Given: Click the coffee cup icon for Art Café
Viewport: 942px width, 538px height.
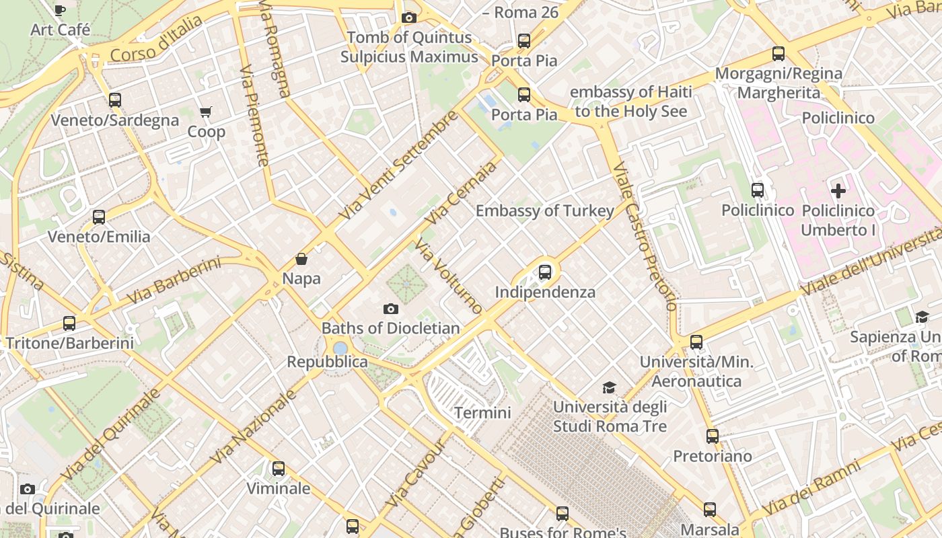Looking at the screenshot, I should [x=59, y=9].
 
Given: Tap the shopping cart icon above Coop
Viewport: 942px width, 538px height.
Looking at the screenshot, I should [x=205, y=112].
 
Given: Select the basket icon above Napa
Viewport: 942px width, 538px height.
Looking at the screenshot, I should [x=301, y=259].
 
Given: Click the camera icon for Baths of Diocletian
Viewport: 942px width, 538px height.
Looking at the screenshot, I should [x=390, y=309].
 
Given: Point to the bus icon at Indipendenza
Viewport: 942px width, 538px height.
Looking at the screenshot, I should [x=545, y=272].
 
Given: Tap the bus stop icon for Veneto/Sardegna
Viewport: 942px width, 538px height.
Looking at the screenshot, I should [x=115, y=100].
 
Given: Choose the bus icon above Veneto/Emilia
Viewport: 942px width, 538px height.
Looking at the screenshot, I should [x=99, y=217].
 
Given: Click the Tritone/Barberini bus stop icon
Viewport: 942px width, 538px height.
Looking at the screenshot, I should [x=69, y=323].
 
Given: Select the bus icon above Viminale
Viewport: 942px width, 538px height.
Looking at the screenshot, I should [x=279, y=468].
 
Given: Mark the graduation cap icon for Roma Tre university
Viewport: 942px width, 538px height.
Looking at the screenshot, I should [x=609, y=387].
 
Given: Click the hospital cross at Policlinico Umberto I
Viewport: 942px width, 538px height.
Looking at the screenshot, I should [x=838, y=190].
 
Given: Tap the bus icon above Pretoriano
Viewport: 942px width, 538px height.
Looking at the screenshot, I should [x=713, y=436].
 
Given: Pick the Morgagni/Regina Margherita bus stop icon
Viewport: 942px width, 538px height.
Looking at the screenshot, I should [x=778, y=54].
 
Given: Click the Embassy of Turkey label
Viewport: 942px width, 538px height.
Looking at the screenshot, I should [x=544, y=210].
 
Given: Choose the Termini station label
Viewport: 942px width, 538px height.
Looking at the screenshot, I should [x=482, y=412].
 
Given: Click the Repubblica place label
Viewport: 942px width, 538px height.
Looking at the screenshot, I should [x=327, y=362].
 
